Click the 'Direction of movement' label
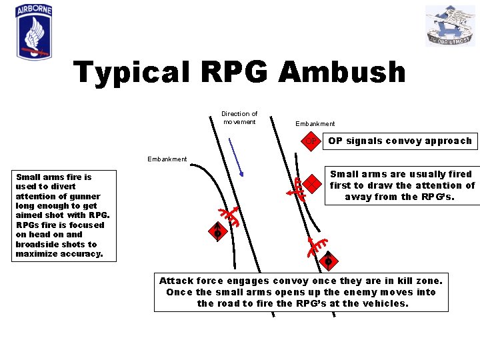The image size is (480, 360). (239, 118)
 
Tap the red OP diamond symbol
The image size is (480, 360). (311, 141)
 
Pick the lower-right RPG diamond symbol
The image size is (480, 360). (328, 260)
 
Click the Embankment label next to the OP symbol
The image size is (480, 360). (315, 124)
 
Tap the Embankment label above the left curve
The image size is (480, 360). (167, 159)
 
